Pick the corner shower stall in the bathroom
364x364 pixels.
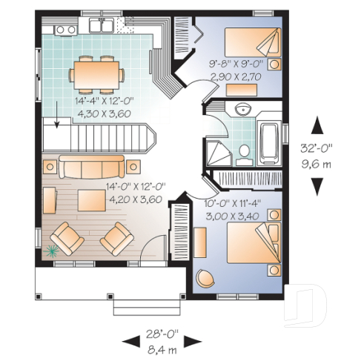(219, 153)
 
